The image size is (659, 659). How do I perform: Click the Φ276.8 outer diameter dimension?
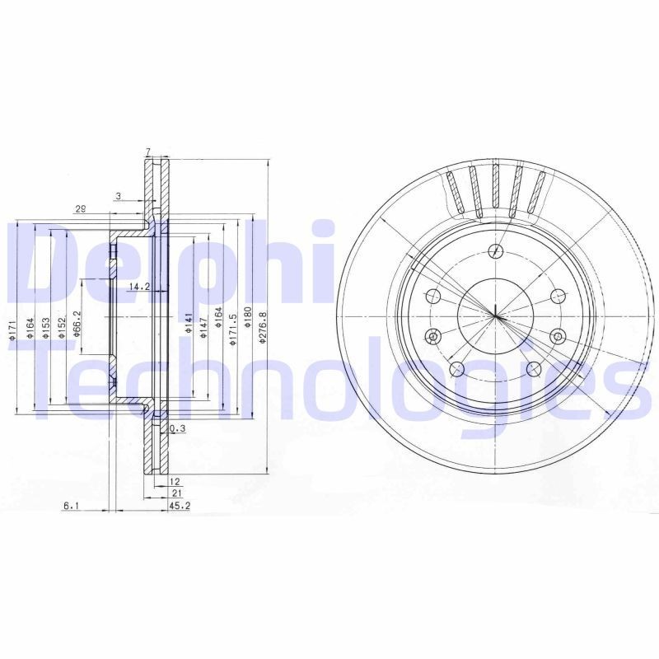pyautogui.click(x=263, y=326)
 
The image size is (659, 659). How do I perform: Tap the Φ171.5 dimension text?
pyautogui.click(x=235, y=326)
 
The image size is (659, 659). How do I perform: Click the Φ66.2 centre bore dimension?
pyautogui.click(x=77, y=322)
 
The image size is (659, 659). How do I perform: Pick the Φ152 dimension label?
pyautogui.click(x=62, y=326)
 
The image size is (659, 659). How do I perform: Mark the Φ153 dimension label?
pyautogui.click(x=46, y=326)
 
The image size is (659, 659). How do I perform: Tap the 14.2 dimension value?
pyautogui.click(x=138, y=287)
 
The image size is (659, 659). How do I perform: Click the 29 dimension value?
pyautogui.click(x=81, y=209)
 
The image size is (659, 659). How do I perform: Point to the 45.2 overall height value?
pyautogui.click(x=180, y=506)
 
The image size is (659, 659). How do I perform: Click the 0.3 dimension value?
pyautogui.click(x=176, y=429)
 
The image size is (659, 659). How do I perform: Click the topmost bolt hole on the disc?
pyautogui.click(x=495, y=251)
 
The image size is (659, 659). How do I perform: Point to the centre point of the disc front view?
pyautogui.click(x=495, y=317)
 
